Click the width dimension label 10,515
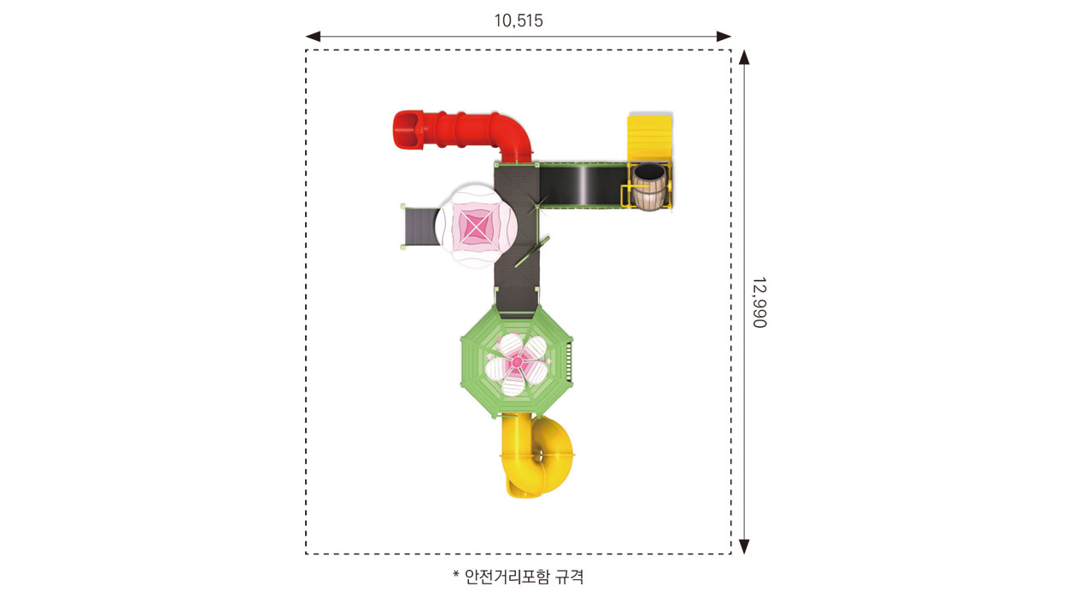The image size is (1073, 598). pos(519,21)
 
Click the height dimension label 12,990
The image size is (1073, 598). pos(759,302)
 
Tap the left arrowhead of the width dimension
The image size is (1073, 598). pos(313,37)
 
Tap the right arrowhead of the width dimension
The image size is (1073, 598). pos(724,37)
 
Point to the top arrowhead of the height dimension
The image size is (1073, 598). pos(744,57)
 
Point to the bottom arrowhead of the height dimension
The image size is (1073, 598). pos(744,547)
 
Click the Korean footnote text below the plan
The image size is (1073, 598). pos(519,577)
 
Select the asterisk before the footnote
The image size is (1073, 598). pos(456,573)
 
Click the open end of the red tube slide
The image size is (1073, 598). pos(406,131)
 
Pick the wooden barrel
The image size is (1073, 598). pos(648,187)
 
